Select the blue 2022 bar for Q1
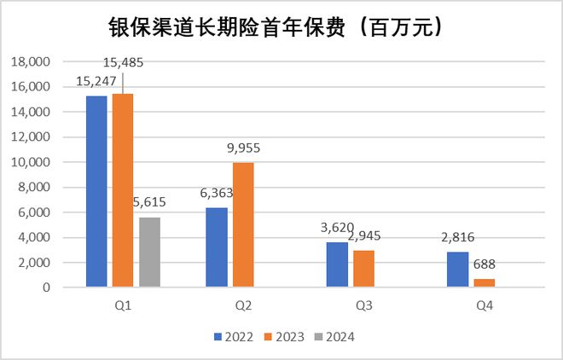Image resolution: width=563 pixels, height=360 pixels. (96, 192)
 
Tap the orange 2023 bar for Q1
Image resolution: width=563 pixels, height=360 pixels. (123, 190)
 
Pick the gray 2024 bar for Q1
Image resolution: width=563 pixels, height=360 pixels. (149, 253)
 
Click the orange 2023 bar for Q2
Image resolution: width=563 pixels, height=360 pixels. (243, 225)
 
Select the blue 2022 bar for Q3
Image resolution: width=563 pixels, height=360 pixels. (338, 264)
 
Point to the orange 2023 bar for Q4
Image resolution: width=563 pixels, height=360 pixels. (484, 283)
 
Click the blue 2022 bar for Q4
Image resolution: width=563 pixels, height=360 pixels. (458, 270)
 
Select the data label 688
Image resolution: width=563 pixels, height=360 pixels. (485, 265)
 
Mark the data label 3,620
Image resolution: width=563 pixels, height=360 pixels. (335, 229)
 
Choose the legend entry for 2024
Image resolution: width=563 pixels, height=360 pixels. (334, 336)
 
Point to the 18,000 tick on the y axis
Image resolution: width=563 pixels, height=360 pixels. (32, 62)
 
